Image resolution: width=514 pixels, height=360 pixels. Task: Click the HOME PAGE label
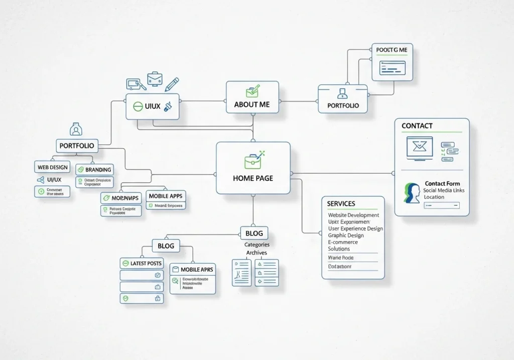[x=253, y=178]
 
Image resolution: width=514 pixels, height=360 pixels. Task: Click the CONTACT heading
[x=417, y=126]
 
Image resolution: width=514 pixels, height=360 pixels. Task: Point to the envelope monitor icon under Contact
[x=419, y=147]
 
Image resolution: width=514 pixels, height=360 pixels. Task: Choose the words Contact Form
[x=442, y=184]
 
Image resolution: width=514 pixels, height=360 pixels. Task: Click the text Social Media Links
[x=444, y=190]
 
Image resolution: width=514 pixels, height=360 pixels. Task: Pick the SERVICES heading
[x=341, y=203]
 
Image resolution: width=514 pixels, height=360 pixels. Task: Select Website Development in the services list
[x=353, y=215]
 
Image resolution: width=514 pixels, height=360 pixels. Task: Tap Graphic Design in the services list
[x=346, y=235]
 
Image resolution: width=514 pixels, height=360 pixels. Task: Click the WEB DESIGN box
[x=52, y=167]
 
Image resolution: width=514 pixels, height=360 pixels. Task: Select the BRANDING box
[x=94, y=170]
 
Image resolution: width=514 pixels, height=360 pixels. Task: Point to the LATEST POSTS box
[x=142, y=263]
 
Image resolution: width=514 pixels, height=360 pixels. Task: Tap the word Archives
[x=256, y=253]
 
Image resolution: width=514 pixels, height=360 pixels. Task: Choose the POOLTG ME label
[x=392, y=50]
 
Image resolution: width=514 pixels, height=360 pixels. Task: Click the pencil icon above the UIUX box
[x=172, y=83]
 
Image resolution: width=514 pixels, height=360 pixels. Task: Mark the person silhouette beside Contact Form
[x=412, y=193]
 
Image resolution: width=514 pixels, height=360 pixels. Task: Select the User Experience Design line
[x=355, y=228]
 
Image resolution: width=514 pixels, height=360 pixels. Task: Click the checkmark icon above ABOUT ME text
[x=252, y=91]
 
